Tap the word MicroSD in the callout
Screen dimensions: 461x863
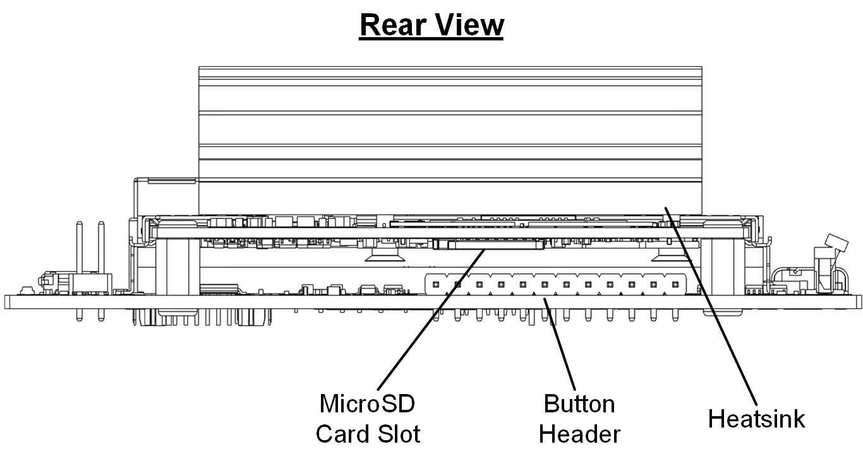[x=367, y=403]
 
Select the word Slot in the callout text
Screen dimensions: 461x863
[x=397, y=434]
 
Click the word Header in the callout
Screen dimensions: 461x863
[x=579, y=434]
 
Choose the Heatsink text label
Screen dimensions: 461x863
[x=756, y=419]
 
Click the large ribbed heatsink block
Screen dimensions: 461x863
[x=450, y=139]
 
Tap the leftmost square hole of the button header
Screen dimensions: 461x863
[x=436, y=285]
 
